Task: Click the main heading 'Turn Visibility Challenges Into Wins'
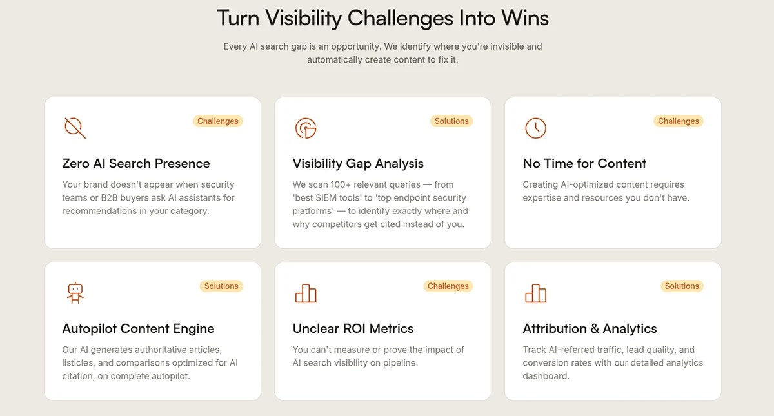point(383,18)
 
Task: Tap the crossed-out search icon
point(75,128)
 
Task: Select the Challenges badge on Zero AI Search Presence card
point(218,121)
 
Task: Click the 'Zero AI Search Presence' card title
point(136,163)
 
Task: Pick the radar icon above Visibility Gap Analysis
point(306,128)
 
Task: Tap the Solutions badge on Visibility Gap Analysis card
point(451,121)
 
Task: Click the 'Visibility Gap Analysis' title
point(358,164)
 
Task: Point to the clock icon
point(535,128)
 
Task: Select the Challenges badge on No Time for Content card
point(679,121)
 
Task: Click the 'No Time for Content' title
point(584,163)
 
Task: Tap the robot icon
point(75,293)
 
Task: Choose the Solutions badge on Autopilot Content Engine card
point(221,286)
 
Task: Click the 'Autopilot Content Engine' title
point(138,329)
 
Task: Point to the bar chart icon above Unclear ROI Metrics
point(306,293)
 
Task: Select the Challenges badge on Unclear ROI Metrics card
point(448,286)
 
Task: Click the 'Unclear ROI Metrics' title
point(353,328)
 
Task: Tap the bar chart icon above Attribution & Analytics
point(535,293)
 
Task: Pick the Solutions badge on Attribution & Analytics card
point(682,286)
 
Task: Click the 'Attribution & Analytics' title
point(590,329)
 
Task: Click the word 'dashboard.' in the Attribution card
point(546,376)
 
